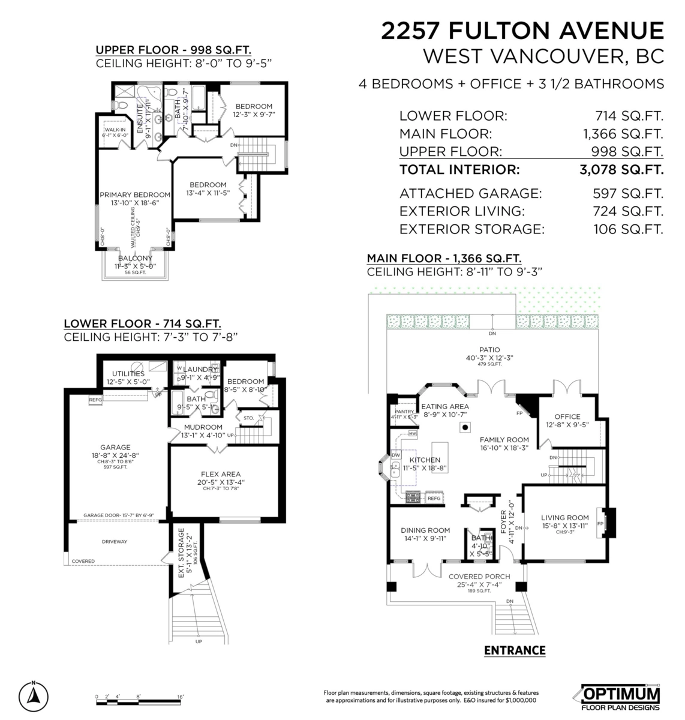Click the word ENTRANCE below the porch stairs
(514, 650)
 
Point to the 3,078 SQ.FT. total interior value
(621, 170)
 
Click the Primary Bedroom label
(135, 194)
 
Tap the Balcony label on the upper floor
(135, 259)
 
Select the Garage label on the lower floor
(115, 447)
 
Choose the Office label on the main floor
(567, 416)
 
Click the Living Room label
(564, 518)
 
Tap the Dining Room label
(425, 530)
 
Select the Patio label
(489, 350)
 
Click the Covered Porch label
(479, 577)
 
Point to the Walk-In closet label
(114, 130)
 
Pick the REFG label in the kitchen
(434, 498)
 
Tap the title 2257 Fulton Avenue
(522, 31)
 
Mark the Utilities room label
(128, 374)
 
